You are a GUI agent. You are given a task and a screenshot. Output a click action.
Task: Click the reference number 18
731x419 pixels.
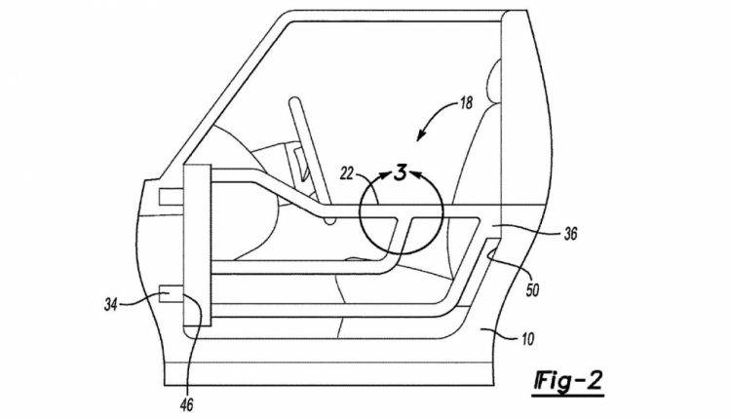click(466, 102)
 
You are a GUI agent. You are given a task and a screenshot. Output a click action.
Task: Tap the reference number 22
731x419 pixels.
click(347, 173)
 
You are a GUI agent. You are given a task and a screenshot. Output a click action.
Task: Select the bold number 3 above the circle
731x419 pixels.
click(400, 173)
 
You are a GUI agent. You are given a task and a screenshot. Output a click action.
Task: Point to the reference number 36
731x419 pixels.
click(570, 233)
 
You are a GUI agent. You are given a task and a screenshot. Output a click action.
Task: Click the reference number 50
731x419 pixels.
click(532, 290)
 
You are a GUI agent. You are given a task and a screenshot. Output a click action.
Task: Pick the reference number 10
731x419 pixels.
click(527, 339)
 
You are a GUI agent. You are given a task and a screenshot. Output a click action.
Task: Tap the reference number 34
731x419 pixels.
click(111, 305)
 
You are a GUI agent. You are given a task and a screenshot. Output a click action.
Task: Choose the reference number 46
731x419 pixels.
click(187, 404)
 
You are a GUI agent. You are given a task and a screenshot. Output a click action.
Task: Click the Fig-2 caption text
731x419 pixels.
click(569, 381)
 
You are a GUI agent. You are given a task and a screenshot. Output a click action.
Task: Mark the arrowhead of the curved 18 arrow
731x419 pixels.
click(420, 135)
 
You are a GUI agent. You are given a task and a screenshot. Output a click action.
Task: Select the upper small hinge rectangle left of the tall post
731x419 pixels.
click(172, 197)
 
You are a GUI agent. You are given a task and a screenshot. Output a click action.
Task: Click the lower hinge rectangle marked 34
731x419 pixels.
click(172, 295)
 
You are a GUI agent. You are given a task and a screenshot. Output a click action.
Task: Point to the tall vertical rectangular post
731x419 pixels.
click(198, 246)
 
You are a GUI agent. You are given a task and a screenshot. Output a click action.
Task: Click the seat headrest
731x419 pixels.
click(494, 82)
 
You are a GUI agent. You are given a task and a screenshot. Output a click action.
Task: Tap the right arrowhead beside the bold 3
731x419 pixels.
click(415, 174)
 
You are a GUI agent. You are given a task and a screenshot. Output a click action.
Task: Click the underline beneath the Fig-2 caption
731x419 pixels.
click(568, 397)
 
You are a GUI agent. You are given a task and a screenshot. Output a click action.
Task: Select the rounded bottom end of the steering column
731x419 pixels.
click(330, 221)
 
